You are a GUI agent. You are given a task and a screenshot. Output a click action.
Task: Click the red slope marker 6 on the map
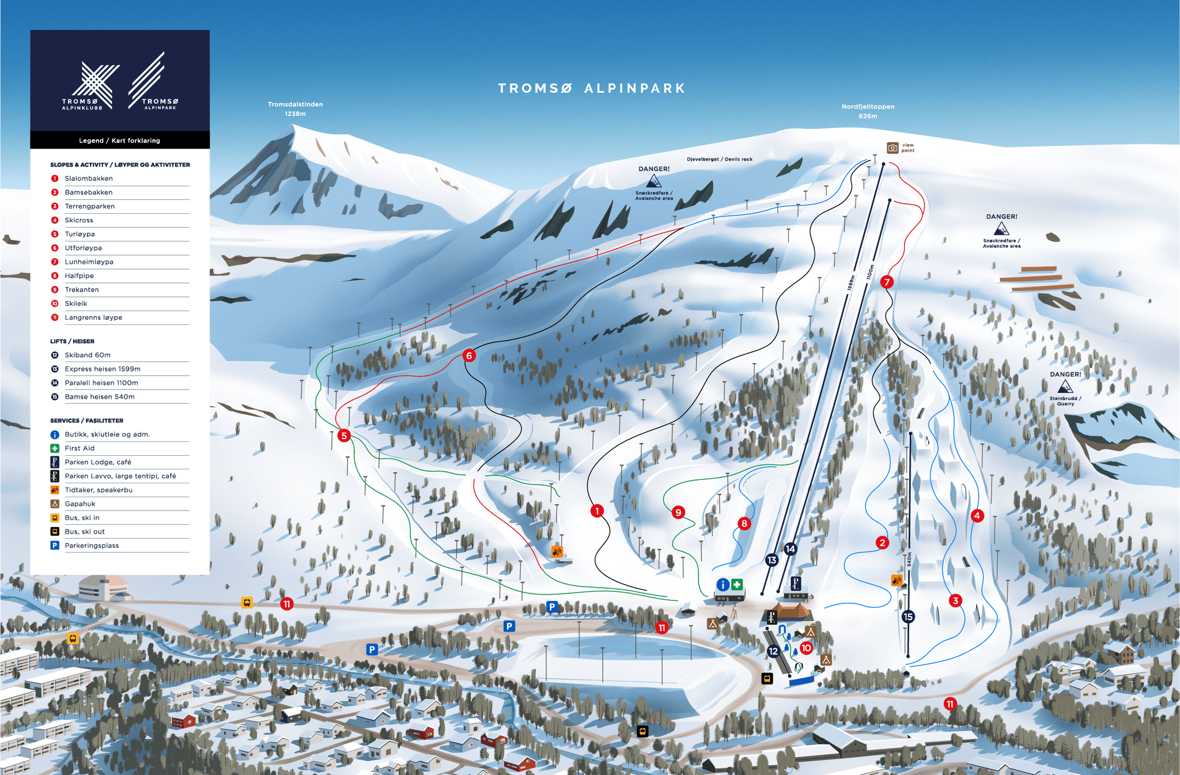click(469, 356)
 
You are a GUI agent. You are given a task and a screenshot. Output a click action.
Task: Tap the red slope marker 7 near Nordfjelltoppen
click(887, 282)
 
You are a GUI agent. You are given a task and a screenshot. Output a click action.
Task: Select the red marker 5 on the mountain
click(344, 436)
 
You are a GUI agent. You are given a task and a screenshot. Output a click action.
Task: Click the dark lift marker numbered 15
click(908, 617)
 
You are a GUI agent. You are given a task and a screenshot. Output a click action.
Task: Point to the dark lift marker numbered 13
click(771, 559)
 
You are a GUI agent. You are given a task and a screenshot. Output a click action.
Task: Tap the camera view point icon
click(892, 148)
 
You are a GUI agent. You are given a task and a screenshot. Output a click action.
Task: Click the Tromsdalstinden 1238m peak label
click(295, 109)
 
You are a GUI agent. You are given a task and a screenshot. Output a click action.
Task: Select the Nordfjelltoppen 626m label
click(868, 111)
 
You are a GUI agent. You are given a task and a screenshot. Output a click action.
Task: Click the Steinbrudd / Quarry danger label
click(1065, 400)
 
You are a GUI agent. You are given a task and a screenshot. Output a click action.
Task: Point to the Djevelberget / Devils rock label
click(720, 159)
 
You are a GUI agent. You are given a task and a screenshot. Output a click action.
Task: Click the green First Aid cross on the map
click(737, 585)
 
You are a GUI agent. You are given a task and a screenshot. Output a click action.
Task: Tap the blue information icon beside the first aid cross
click(723, 585)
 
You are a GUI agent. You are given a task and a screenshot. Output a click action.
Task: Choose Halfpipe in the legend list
click(80, 276)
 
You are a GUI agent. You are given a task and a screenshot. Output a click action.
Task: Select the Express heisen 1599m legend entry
click(103, 369)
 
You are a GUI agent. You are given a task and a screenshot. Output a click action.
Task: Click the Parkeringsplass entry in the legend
click(92, 546)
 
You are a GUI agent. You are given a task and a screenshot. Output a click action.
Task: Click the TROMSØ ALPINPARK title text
click(592, 88)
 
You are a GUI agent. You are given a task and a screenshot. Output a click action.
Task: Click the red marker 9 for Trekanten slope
click(678, 512)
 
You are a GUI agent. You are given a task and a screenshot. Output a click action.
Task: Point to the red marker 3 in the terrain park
click(955, 600)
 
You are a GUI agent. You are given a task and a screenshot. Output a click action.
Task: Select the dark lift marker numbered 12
click(773, 651)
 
